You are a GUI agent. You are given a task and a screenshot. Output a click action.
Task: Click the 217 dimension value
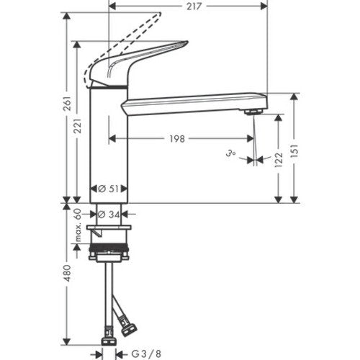point(194,6)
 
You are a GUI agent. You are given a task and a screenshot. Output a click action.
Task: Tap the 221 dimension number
point(78,126)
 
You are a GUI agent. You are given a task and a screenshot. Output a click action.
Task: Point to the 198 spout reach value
point(177,139)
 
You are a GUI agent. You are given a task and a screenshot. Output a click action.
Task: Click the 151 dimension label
point(294,150)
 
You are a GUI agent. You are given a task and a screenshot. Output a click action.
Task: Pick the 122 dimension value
point(279,160)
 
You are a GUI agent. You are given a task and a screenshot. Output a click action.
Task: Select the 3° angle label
point(230,153)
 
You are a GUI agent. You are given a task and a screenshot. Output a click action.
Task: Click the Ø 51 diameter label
point(109,189)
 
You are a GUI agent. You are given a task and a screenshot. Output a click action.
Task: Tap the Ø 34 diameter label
point(109,215)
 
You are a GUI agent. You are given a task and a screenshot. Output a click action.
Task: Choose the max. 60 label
point(78,225)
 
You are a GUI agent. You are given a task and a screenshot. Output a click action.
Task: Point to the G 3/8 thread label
point(146,354)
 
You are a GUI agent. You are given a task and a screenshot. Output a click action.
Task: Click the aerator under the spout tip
point(253,112)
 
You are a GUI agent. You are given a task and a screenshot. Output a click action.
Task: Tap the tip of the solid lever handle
point(187,42)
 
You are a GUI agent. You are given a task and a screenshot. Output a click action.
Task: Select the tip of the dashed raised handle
point(159,14)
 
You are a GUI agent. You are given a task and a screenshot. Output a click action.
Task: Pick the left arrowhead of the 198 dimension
point(112,138)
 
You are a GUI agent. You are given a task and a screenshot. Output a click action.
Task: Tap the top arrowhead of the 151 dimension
point(294,97)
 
